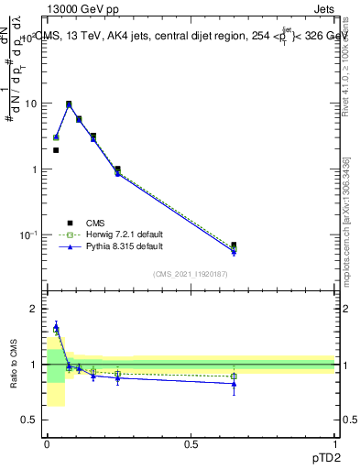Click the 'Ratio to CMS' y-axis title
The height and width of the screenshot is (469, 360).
(x=14, y=364)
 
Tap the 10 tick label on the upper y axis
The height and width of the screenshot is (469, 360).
(x=29, y=104)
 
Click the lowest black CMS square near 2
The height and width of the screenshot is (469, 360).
(x=56, y=150)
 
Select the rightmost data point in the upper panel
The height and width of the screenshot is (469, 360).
(x=234, y=245)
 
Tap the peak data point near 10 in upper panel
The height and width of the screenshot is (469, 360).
(x=69, y=104)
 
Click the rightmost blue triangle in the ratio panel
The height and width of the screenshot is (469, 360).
(x=234, y=383)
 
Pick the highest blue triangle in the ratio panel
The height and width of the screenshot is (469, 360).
(x=56, y=326)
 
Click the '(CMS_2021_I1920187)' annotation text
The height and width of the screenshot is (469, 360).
(x=191, y=274)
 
